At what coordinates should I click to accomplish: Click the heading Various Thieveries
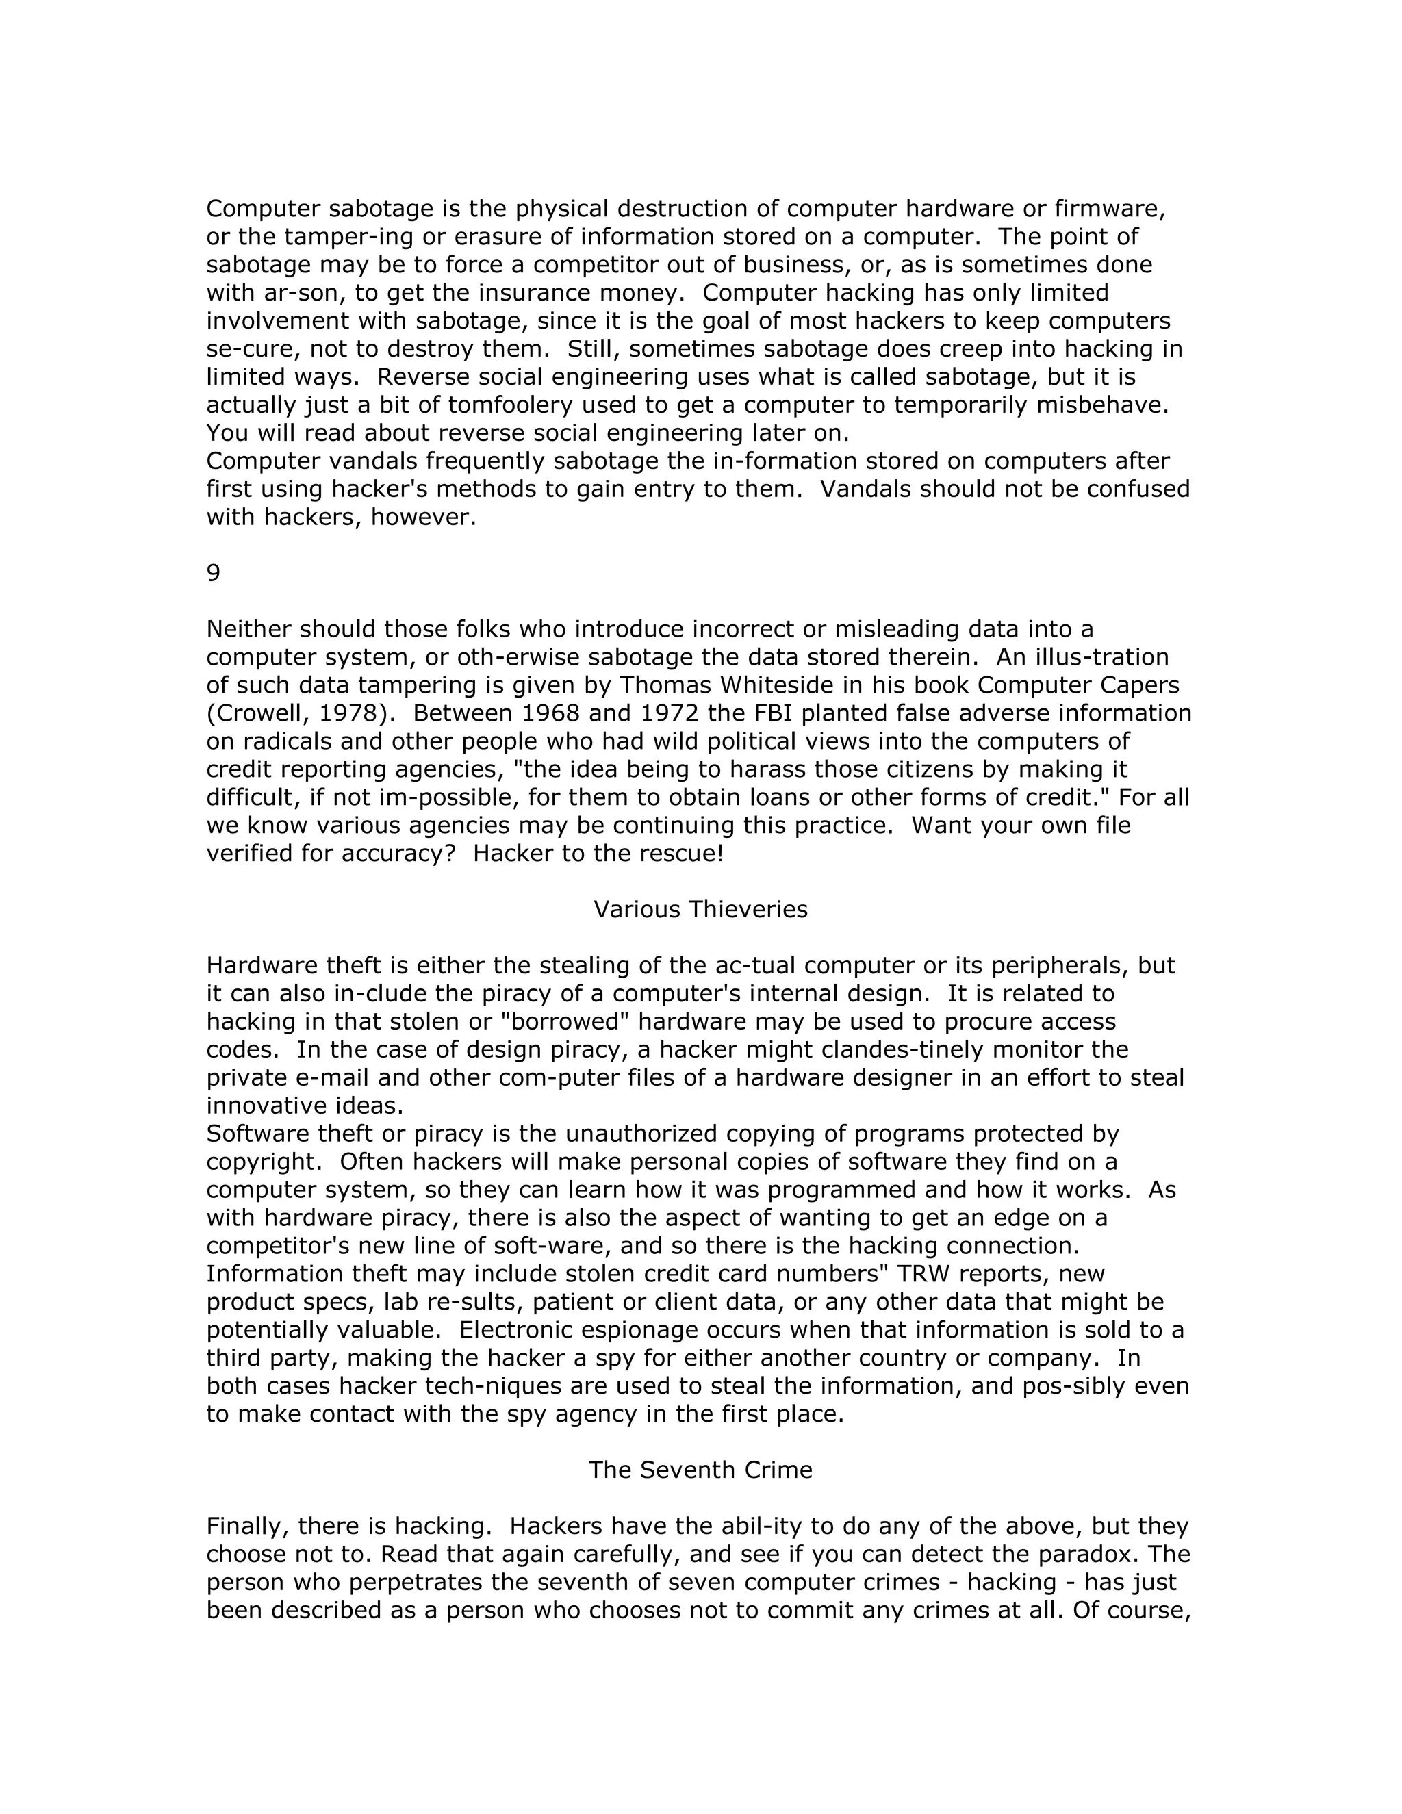click(700, 910)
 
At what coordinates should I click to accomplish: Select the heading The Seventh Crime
click(700, 1470)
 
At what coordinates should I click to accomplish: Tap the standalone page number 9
click(214, 573)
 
